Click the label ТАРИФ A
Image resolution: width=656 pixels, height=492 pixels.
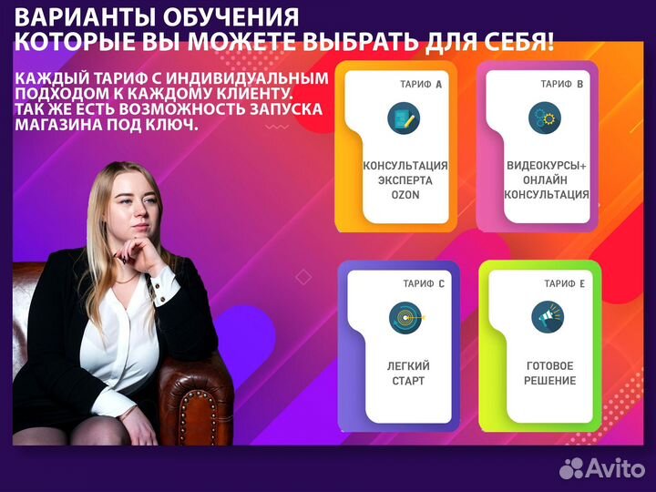coord(421,84)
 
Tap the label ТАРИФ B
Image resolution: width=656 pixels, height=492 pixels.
coord(562,84)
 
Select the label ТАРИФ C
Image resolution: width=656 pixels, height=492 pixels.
coord(424,283)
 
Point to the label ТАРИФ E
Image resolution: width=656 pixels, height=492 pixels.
coord(565,283)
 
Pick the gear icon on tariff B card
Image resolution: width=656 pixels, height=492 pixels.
coord(544,118)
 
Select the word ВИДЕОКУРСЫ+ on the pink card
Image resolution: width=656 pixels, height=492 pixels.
coord(548,166)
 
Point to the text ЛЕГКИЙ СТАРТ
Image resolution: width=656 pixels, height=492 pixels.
coord(407,373)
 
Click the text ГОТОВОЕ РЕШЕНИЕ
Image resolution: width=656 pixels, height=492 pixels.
coord(550,373)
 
